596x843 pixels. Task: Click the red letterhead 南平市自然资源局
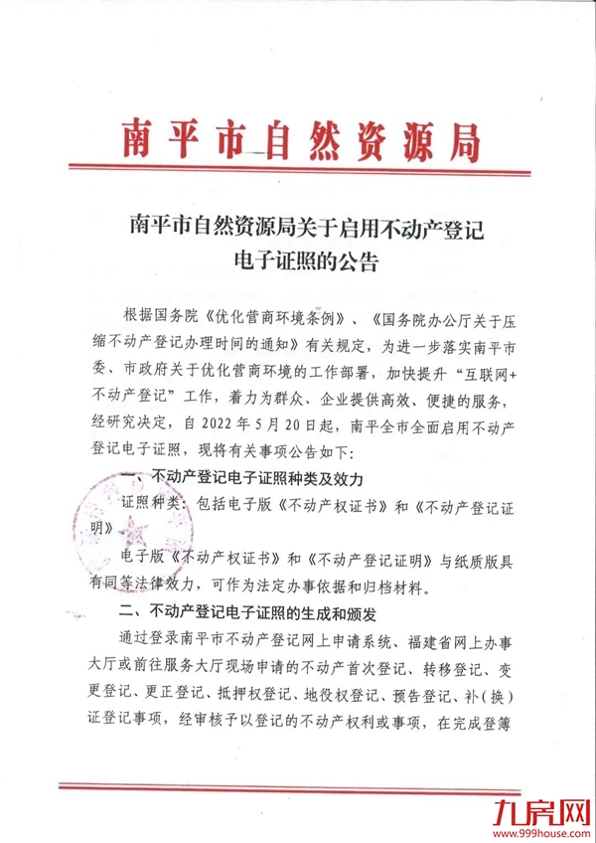click(x=298, y=140)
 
